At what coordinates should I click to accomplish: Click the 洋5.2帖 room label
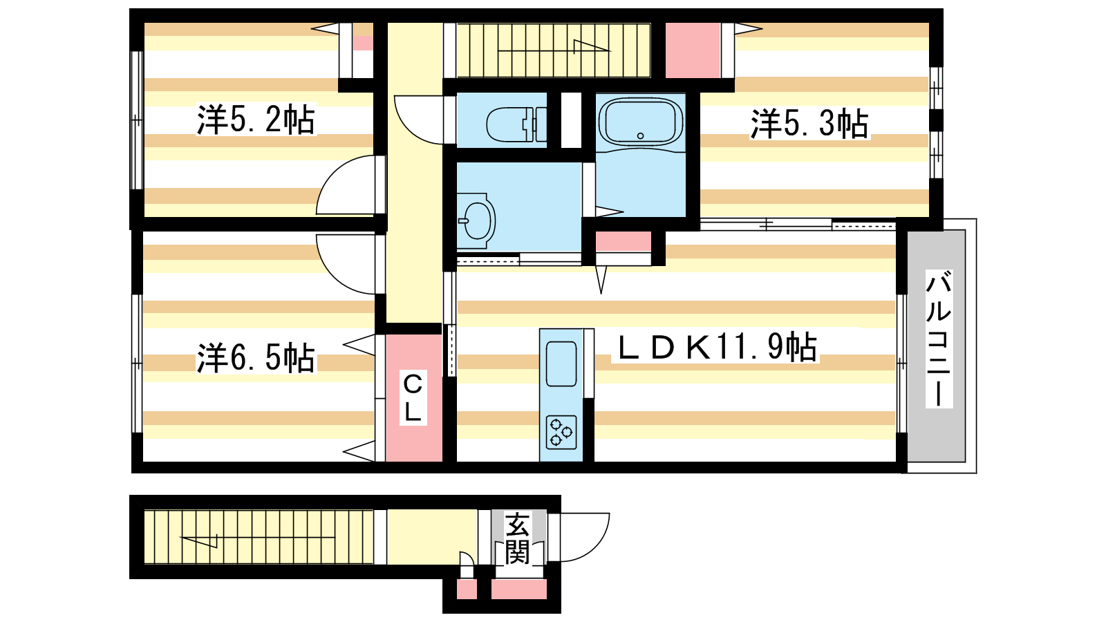coord(256,120)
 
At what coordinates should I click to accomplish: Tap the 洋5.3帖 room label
coord(809,124)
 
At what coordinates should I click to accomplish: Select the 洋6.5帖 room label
coord(256,357)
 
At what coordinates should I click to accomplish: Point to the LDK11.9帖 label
coord(715,346)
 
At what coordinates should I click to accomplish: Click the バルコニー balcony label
coord(939,339)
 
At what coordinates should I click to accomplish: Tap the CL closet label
coord(413,398)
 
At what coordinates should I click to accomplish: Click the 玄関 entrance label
coord(517,538)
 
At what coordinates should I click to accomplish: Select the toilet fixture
coord(516,124)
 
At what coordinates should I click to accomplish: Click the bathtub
coord(640,122)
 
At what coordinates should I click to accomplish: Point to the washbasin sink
coord(476,220)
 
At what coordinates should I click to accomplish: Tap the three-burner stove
coord(561,432)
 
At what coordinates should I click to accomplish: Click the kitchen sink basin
coord(561,364)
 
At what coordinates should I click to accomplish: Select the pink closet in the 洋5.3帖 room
coord(692,50)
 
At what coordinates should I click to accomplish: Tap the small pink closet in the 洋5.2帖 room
coord(362,42)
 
